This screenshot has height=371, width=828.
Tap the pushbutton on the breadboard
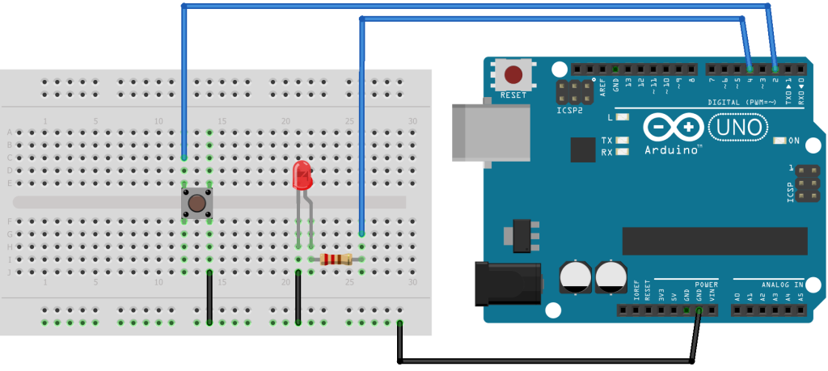pyautogui.click(x=196, y=202)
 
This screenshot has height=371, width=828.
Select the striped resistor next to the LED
pyautogui.click(x=336, y=259)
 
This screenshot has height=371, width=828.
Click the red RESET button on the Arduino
pyautogui.click(x=513, y=75)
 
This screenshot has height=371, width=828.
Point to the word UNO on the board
pyautogui.click(x=735, y=127)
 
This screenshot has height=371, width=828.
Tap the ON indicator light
pyautogui.click(x=779, y=141)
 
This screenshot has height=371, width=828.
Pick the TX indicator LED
pyautogui.click(x=623, y=141)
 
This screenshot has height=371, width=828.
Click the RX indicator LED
pyautogui.click(x=623, y=152)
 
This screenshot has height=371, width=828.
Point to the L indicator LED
pyautogui.click(x=623, y=117)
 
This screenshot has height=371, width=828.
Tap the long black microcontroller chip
pyautogui.click(x=714, y=240)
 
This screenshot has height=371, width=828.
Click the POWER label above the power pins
pyautogui.click(x=706, y=285)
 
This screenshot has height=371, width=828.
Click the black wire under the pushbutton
pyautogui.click(x=209, y=297)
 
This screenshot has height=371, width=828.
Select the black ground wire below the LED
pyautogui.click(x=298, y=297)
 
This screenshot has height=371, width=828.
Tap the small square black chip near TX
pyautogui.click(x=582, y=150)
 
